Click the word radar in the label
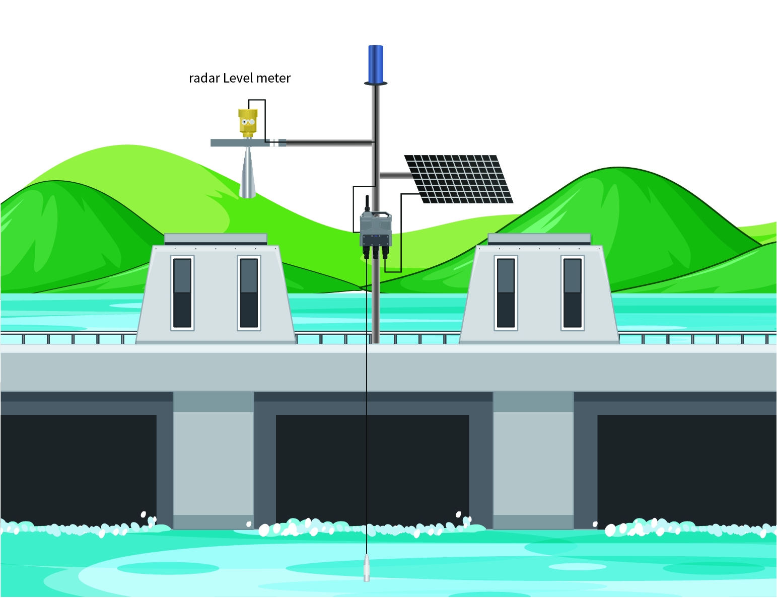tap(204, 78)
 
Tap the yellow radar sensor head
tap(248, 123)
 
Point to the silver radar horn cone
tap(247, 172)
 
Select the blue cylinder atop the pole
tap(376, 64)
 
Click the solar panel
tap(459, 179)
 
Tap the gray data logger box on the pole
tap(376, 229)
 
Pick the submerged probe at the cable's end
tap(367, 568)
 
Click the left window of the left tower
tap(182, 293)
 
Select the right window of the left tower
tap(249, 293)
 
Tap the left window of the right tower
tap(506, 293)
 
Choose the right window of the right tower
tap(573, 293)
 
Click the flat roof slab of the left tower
tap(216, 239)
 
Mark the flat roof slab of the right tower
tap(539, 239)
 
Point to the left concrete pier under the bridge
tap(213, 461)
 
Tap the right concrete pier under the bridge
tap(533, 461)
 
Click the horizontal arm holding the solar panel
tap(395, 175)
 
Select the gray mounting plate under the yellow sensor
tap(248, 143)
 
